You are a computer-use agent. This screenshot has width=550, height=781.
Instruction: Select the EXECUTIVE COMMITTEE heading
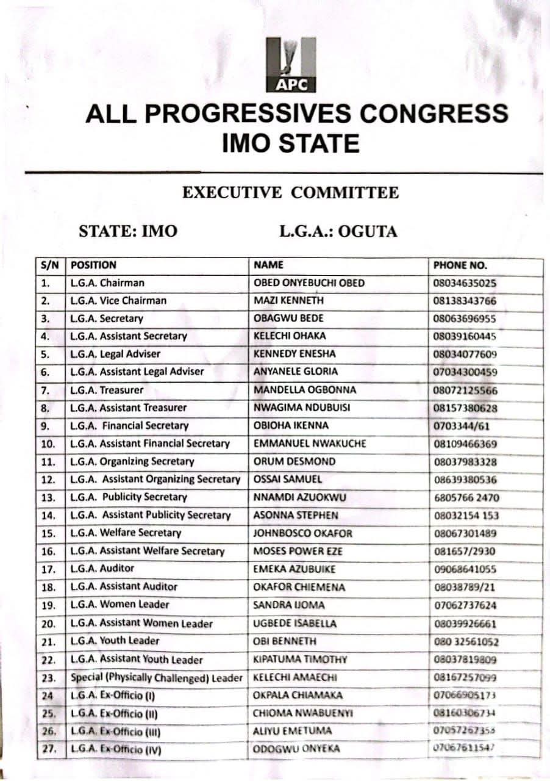tap(290, 193)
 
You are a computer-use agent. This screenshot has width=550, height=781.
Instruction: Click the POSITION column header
tap(93, 265)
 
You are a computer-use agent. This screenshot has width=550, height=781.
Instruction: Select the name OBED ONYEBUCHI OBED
tap(309, 283)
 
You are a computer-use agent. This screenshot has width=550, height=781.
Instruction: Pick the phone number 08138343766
tap(465, 301)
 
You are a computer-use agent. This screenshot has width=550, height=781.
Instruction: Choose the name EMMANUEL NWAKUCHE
tap(310, 444)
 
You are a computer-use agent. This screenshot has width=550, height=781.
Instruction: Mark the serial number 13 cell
tap(48, 497)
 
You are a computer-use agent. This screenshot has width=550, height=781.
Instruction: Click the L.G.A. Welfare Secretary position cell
tap(126, 533)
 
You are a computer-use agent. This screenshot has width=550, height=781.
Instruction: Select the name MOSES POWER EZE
tap(298, 551)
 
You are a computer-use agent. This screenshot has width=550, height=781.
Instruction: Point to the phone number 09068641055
tap(465, 569)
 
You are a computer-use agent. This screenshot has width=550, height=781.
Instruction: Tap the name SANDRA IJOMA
tap(289, 605)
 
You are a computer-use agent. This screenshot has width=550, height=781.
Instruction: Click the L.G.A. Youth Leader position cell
tap(115, 641)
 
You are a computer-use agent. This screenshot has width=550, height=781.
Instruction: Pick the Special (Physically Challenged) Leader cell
tap(157, 677)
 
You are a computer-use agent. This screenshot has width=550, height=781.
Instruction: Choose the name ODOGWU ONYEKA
tap(296, 749)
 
